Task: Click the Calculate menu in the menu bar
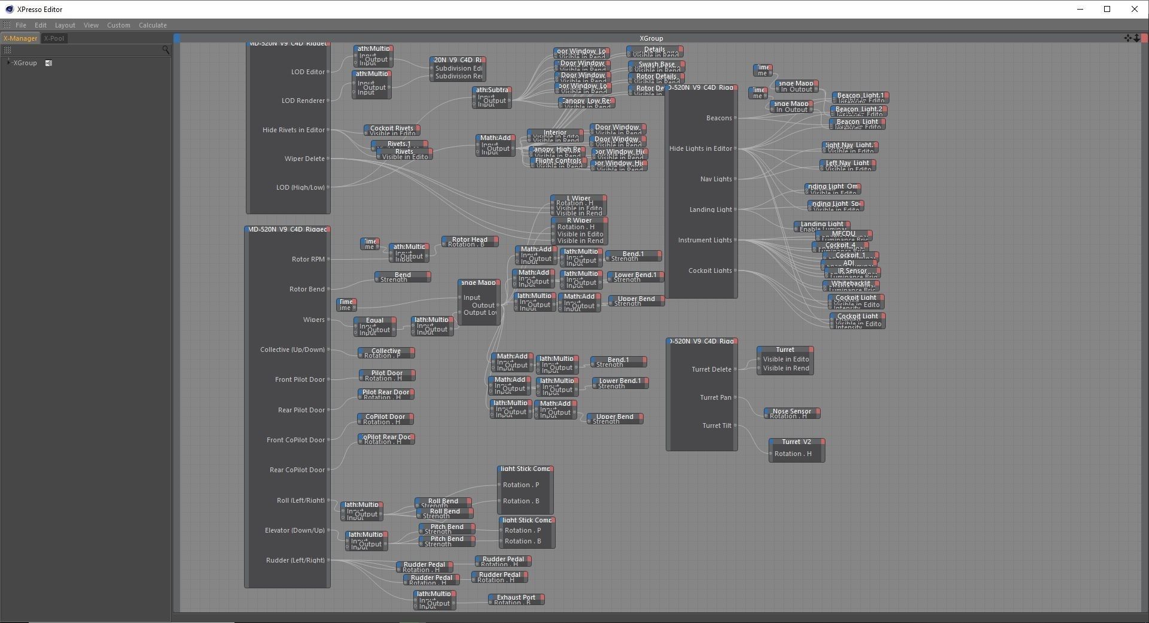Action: click(153, 25)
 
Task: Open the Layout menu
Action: click(65, 25)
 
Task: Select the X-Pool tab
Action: click(54, 38)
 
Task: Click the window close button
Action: click(1134, 9)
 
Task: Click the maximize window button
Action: click(1107, 9)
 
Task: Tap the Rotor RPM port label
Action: click(308, 259)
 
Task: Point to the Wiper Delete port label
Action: click(304, 159)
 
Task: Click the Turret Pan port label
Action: click(715, 397)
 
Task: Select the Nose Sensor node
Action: click(791, 412)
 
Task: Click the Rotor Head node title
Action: click(470, 239)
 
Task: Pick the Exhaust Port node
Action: click(516, 597)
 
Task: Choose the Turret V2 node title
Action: click(796, 442)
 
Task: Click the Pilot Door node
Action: click(386, 373)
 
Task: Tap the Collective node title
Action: click(386, 351)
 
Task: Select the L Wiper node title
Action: click(578, 198)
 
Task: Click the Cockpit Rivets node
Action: click(391, 128)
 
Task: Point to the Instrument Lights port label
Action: click(705, 240)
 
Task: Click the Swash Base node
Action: click(656, 65)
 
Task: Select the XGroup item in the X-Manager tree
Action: click(25, 63)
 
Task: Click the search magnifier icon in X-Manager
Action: click(166, 50)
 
